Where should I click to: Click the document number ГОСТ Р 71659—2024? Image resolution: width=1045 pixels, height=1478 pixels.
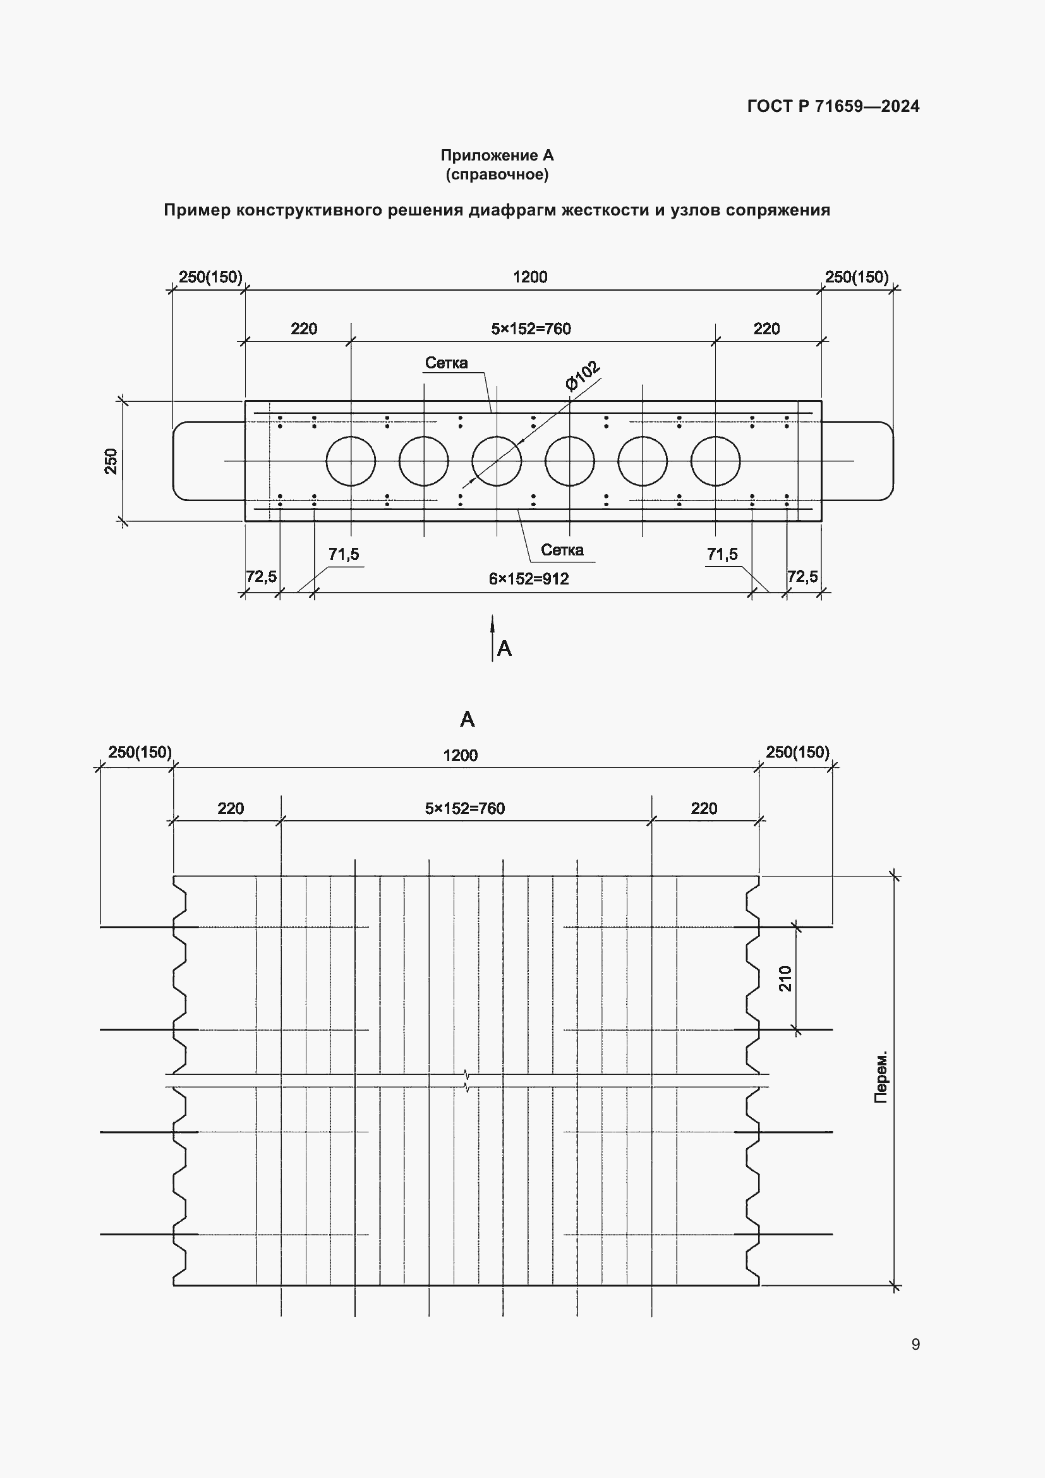click(833, 106)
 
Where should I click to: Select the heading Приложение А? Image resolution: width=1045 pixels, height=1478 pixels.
click(497, 155)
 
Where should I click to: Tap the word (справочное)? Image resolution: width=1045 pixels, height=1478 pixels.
click(497, 174)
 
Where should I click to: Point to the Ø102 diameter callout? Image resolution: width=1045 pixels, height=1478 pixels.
click(583, 377)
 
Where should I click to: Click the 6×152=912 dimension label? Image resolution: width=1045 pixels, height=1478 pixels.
click(529, 579)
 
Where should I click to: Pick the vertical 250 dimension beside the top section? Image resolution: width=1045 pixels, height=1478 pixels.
click(111, 461)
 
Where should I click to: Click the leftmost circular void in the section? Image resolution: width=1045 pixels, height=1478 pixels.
click(351, 461)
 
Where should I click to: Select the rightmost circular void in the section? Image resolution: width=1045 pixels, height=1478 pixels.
click(716, 461)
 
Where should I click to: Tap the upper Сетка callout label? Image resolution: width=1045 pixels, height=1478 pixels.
click(446, 363)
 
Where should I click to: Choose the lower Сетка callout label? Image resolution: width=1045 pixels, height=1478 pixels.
click(562, 550)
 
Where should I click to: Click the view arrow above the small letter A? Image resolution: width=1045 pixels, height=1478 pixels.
click(492, 638)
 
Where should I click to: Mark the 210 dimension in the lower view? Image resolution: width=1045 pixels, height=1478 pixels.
click(785, 978)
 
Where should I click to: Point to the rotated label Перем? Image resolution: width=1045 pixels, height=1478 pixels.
click(881, 1077)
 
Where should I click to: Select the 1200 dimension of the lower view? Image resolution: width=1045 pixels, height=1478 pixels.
click(460, 755)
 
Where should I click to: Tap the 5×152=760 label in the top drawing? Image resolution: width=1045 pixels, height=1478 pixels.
click(531, 329)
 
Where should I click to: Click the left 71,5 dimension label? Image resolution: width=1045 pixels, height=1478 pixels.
click(344, 554)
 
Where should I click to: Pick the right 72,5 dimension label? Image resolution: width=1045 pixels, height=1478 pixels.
click(802, 576)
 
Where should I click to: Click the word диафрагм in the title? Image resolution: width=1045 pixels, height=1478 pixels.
click(511, 210)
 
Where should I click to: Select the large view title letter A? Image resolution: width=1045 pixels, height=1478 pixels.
click(467, 719)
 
